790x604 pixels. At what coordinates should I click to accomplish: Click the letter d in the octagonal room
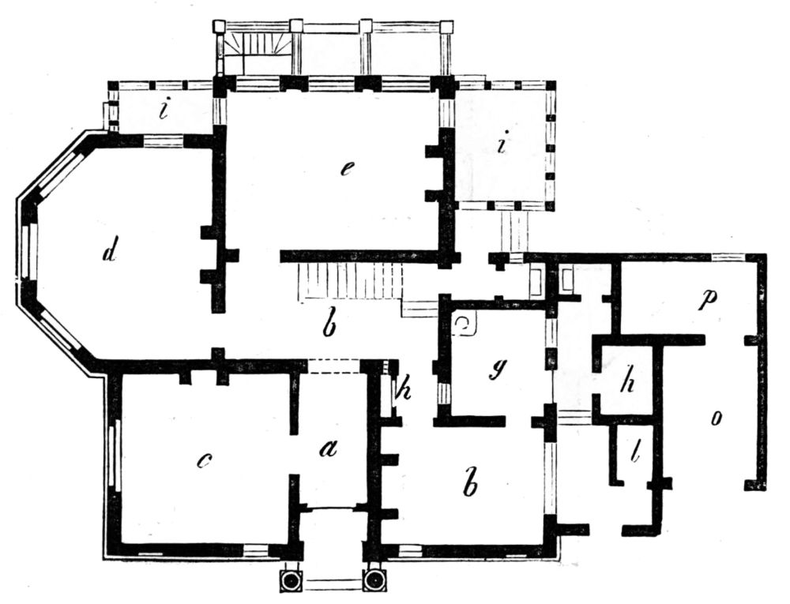(x=109, y=252)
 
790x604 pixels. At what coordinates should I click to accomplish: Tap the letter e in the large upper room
(x=347, y=169)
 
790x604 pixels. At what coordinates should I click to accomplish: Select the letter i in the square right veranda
(x=501, y=143)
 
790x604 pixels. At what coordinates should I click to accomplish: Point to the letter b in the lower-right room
(x=469, y=484)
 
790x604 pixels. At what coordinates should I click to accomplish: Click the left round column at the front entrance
(x=292, y=580)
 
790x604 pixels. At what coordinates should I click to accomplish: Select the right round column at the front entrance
(x=374, y=580)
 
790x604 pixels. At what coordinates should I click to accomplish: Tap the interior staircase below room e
(x=352, y=282)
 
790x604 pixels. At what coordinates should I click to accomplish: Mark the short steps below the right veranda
(x=514, y=231)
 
